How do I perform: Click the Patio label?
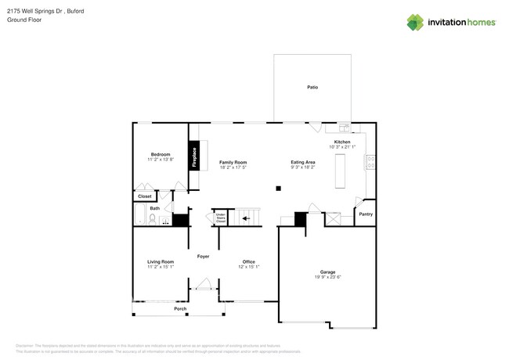(312, 88)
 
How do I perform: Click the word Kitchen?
(342, 142)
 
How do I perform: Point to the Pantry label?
(365, 214)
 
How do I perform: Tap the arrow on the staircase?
(246, 219)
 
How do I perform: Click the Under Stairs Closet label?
(221, 218)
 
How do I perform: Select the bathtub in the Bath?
(141, 216)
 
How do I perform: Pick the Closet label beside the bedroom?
(144, 196)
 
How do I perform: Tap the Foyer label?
(203, 256)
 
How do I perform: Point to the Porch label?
(180, 309)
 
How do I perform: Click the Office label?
(248, 261)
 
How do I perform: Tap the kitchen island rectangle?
(341, 171)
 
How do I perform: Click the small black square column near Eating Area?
(277, 188)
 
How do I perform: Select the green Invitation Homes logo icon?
(415, 22)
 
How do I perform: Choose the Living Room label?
(161, 261)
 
